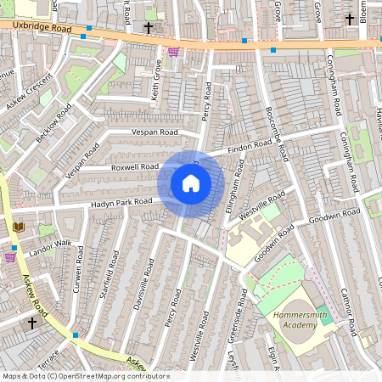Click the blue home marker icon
[191, 183]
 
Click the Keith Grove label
[156, 80]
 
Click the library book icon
[19, 227]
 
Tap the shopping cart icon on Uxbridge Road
[173, 52]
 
